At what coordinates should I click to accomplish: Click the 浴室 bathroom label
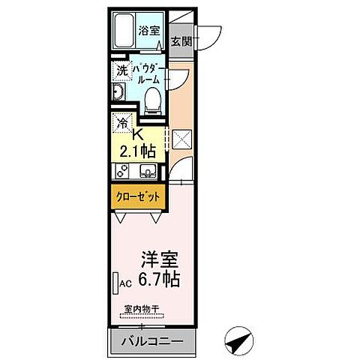click(149, 31)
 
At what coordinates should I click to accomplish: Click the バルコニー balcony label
click(153, 341)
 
